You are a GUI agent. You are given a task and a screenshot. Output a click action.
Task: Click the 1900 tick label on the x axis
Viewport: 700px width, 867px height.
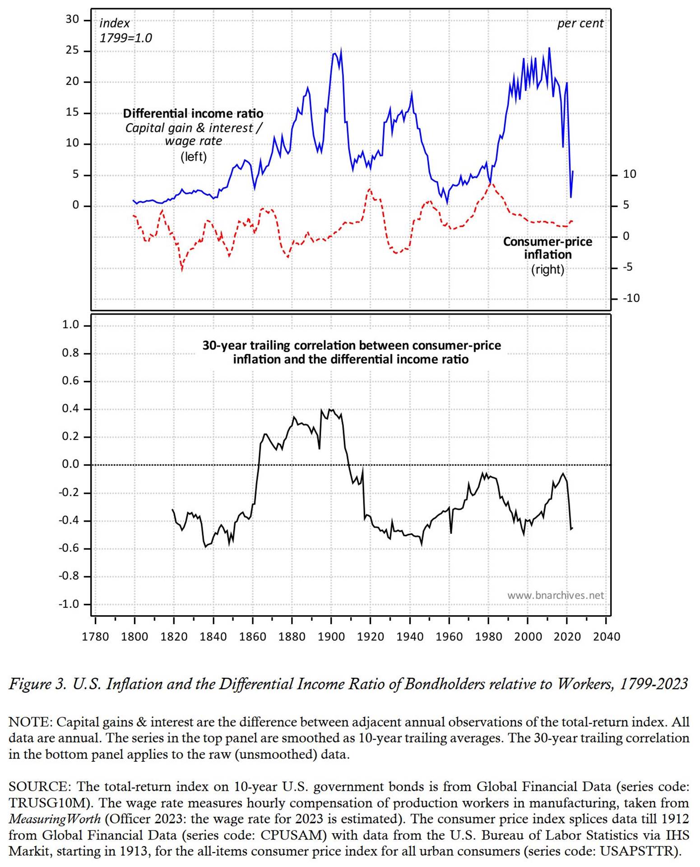(x=331, y=637)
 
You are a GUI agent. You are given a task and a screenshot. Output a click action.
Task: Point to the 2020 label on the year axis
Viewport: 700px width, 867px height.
(x=567, y=637)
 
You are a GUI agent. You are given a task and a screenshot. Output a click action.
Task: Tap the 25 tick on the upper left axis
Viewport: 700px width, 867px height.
(x=72, y=51)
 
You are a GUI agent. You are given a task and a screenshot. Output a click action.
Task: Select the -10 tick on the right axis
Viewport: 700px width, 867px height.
(x=631, y=298)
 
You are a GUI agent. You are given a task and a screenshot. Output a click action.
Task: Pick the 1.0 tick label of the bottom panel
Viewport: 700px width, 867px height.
(x=70, y=325)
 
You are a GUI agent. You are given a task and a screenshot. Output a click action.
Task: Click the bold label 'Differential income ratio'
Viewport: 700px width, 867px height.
(x=193, y=113)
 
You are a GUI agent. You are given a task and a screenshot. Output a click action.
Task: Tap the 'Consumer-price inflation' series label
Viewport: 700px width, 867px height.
(x=547, y=248)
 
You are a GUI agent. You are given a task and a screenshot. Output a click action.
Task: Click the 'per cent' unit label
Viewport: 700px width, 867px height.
(x=580, y=23)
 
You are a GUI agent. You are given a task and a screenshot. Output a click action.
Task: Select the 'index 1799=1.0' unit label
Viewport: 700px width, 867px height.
(x=125, y=30)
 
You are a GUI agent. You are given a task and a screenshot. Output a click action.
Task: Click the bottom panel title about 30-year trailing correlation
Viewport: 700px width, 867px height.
(x=351, y=352)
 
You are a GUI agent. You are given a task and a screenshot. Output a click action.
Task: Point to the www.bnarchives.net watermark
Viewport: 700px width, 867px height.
(x=555, y=595)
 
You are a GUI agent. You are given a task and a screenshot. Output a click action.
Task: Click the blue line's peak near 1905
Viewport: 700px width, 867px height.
(x=341, y=49)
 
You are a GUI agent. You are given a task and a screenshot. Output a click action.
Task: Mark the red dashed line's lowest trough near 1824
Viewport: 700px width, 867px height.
(x=182, y=270)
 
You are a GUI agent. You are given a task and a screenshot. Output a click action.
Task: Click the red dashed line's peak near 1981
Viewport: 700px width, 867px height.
(x=491, y=183)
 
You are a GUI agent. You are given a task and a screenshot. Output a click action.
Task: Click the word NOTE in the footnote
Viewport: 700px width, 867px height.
(x=29, y=722)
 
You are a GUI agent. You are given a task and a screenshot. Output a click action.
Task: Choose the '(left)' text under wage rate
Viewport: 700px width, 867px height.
(x=194, y=157)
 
